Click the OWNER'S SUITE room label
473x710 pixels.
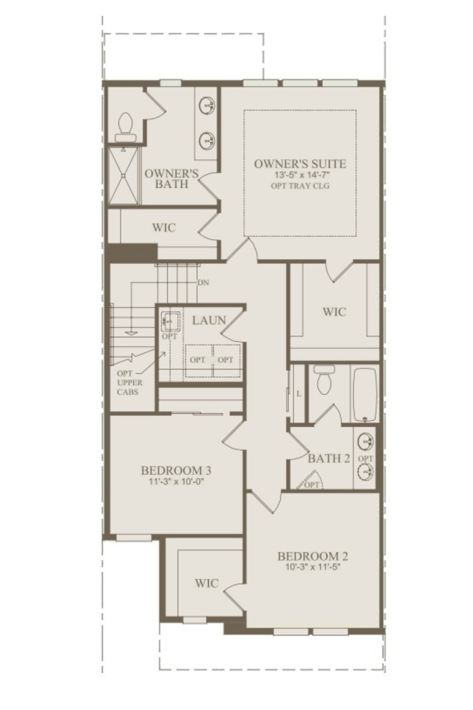(300, 164)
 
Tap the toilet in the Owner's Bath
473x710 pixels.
(126, 127)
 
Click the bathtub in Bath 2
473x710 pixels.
(365, 394)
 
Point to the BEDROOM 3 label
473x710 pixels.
(176, 470)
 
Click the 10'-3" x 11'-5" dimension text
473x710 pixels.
(313, 567)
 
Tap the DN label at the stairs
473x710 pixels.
(203, 282)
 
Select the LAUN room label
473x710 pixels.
(209, 320)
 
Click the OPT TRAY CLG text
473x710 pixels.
(300, 186)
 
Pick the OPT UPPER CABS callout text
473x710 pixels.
(130, 382)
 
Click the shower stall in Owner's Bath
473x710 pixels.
(123, 176)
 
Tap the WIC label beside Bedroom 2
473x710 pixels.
(207, 583)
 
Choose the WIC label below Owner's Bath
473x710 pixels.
(164, 228)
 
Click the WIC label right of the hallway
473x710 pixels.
(334, 312)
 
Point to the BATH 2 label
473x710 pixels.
(329, 458)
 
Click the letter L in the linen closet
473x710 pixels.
(299, 393)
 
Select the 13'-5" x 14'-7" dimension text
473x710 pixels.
(300, 175)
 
